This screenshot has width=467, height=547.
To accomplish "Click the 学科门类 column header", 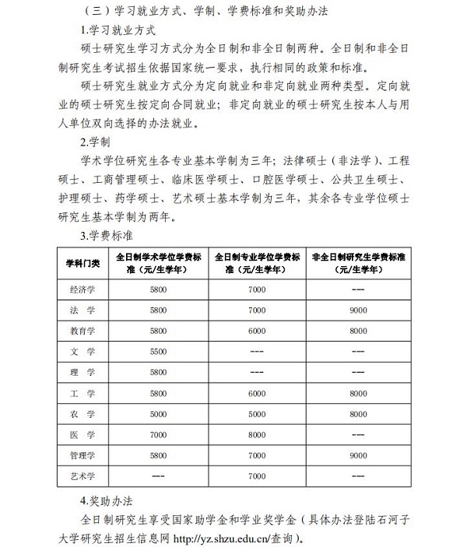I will pos(83,264).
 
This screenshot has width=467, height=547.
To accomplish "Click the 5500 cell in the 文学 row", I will pos(158,352).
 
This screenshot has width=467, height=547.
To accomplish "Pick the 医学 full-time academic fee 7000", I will pos(158,433).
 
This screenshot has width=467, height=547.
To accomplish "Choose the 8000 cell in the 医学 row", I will pos(256,433).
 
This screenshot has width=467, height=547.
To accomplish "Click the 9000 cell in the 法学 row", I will pos(358,310).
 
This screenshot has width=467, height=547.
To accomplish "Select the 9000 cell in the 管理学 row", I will pos(358,454).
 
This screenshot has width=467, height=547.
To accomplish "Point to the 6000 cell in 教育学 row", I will pos(256,331).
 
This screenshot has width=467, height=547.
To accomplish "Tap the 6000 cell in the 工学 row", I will pos(256,393).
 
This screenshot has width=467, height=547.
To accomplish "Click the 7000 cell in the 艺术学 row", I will pos(256,474).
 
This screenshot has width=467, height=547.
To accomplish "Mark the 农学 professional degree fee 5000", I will pos(256,413).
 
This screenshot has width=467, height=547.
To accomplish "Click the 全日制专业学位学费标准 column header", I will pos(256,264).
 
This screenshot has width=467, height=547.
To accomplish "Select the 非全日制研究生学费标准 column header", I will pos(358,264).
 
